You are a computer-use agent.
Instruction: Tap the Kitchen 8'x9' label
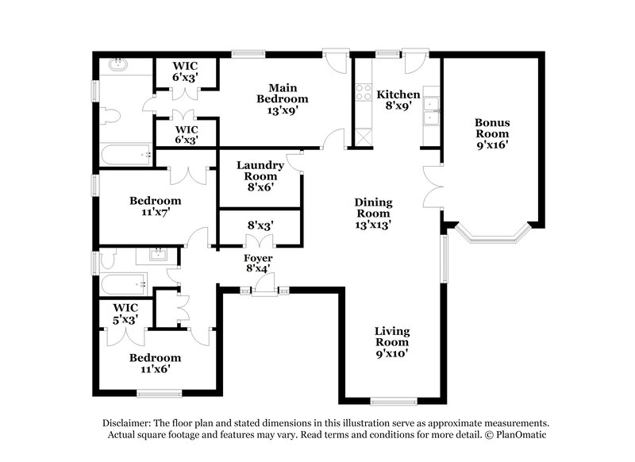pos(398,99)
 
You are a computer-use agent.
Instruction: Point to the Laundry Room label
pos(260,171)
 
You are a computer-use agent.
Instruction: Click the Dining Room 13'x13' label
pos(373,214)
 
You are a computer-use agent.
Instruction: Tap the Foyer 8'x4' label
pos(259,264)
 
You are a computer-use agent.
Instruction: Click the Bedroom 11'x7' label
pos(156,206)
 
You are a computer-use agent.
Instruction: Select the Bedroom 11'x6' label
pos(156,363)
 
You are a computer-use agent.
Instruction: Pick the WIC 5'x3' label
pos(126,313)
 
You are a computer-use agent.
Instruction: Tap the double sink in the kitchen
pos(432,111)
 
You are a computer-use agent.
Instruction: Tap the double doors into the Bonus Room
pos(433,186)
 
